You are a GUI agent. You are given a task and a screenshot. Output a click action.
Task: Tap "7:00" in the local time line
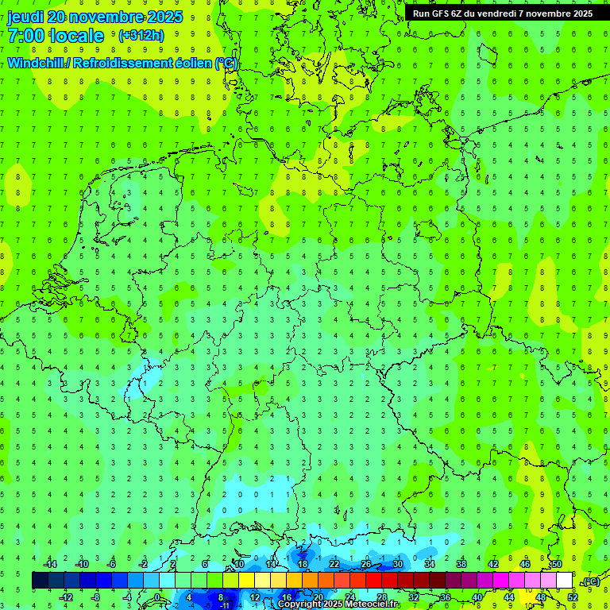point(26,35)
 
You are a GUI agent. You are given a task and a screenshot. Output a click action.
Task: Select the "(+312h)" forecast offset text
point(141,36)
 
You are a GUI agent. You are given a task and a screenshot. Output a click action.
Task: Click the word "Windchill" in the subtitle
point(38,63)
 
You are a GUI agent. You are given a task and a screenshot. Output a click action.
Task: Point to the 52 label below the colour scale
point(573,597)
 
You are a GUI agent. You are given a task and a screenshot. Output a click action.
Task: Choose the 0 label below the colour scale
point(157,597)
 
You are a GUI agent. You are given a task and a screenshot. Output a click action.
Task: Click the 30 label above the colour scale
point(397,564)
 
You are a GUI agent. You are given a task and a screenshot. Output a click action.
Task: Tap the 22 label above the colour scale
point(334,564)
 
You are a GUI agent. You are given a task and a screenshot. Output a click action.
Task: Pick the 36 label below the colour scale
point(445,597)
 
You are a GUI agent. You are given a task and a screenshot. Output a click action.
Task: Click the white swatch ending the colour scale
point(564,581)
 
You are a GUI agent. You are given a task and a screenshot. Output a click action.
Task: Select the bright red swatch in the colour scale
point(373,581)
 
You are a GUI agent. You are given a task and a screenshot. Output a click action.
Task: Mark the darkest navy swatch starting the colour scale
point(40,581)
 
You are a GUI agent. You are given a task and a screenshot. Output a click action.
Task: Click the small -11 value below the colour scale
point(225,605)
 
